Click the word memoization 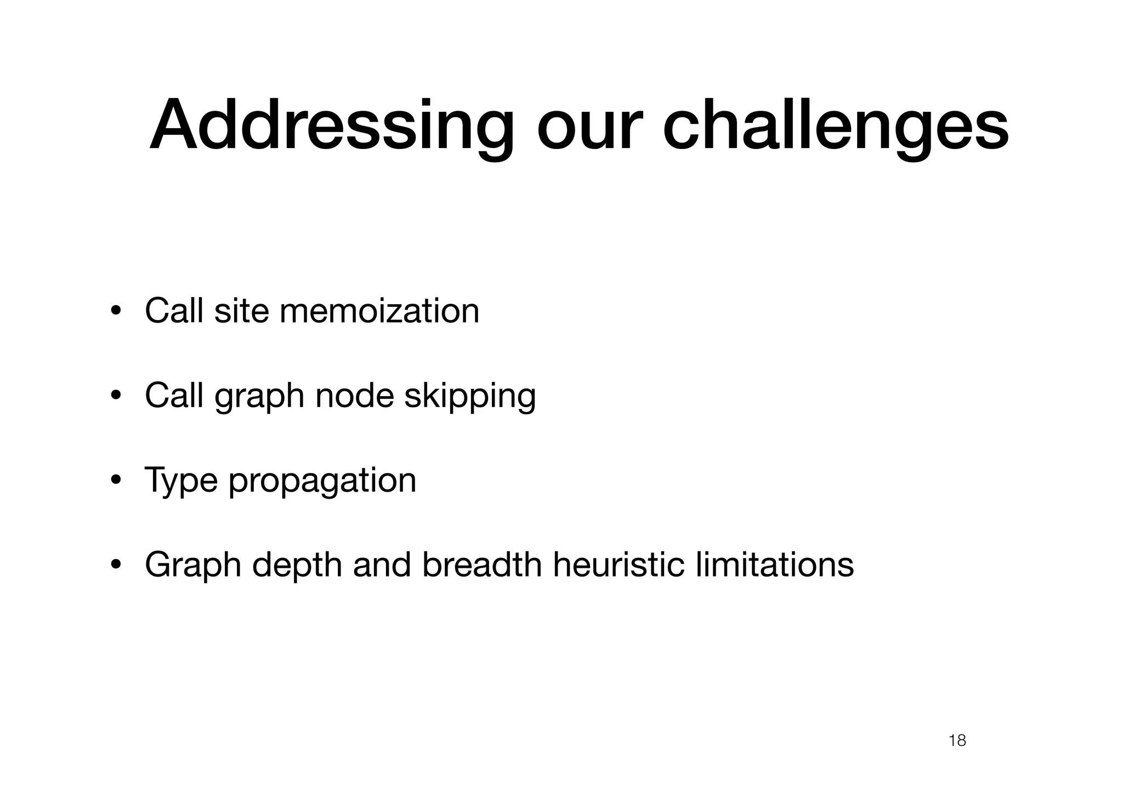pyautogui.click(x=379, y=311)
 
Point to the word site pyautogui.click(x=241, y=311)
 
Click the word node pyautogui.click(x=355, y=395)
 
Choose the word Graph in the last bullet pyautogui.click(x=193, y=566)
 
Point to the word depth pyautogui.click(x=297, y=566)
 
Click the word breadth pyautogui.click(x=482, y=564)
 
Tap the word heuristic pyautogui.click(x=619, y=564)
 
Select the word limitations pyautogui.click(x=774, y=564)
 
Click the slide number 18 pyautogui.click(x=957, y=741)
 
